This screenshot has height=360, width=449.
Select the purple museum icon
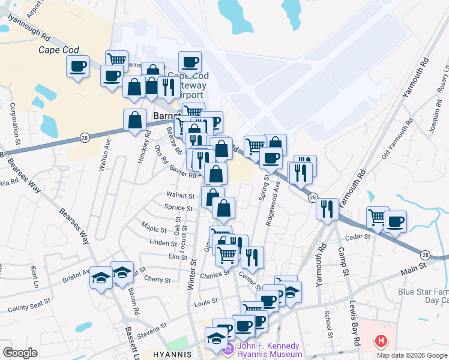coord(227,350)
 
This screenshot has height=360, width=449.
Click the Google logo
coord(20,353)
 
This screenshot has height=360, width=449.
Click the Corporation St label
coord(13,119)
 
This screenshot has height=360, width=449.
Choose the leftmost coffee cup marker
coord(78,66)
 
